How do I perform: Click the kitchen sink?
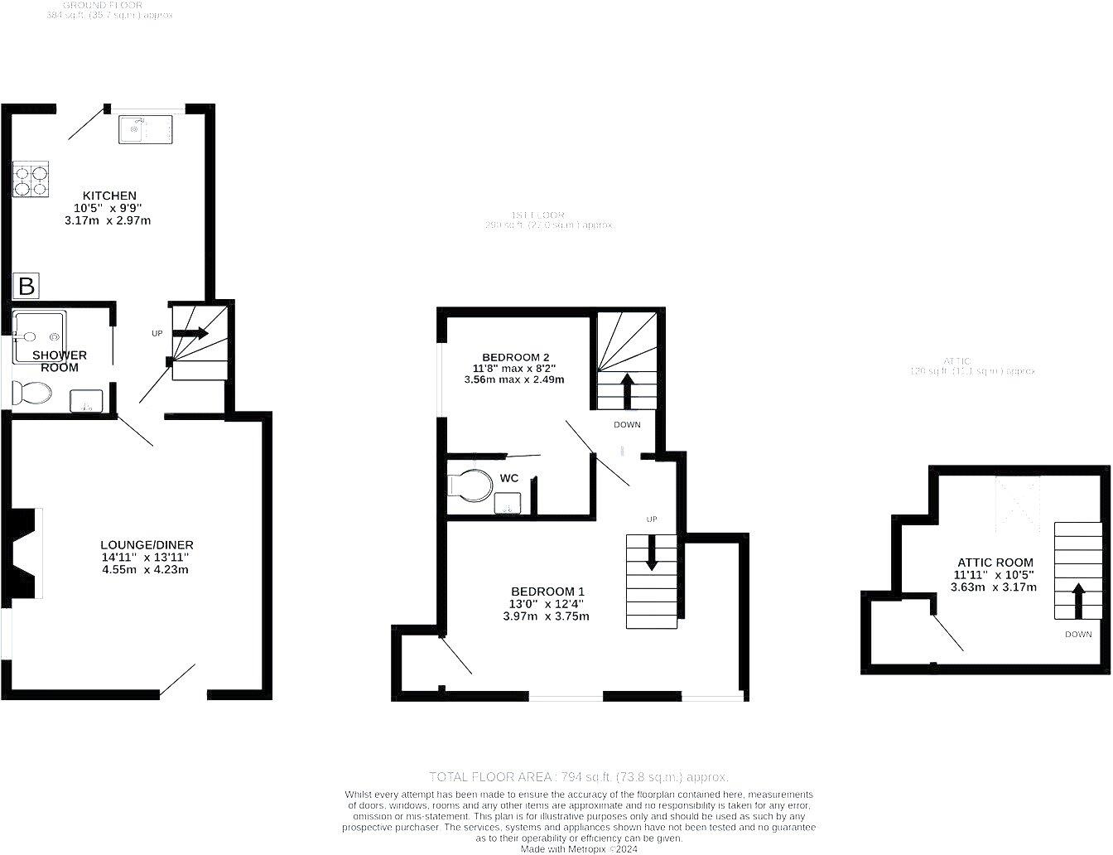click(x=145, y=129)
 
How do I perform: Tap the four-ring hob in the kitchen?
click(x=31, y=180)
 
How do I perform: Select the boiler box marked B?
click(x=26, y=287)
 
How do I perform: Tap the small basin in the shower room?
click(x=87, y=401)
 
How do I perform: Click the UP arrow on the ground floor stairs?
click(x=190, y=333)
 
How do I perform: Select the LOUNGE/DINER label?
click(x=147, y=544)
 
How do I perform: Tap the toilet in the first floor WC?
click(x=469, y=485)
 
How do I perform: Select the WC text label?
click(x=509, y=478)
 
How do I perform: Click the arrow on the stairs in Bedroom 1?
click(x=652, y=552)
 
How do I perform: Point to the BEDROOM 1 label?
click(x=547, y=591)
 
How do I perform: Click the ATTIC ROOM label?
click(x=994, y=562)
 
